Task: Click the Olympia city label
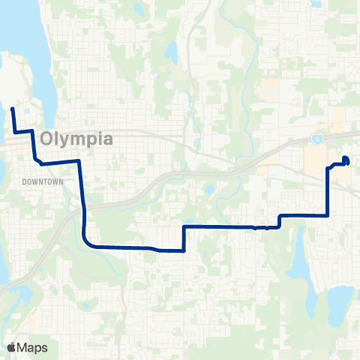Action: pos(77,139)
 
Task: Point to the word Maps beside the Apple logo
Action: pos(34,347)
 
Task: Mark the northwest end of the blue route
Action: pos(12,109)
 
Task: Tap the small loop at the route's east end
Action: pos(346,160)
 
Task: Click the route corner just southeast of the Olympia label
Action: pos(79,161)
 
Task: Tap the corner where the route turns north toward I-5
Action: pos(328,215)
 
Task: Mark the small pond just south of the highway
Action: pos(208,188)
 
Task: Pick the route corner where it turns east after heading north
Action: pos(184,226)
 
